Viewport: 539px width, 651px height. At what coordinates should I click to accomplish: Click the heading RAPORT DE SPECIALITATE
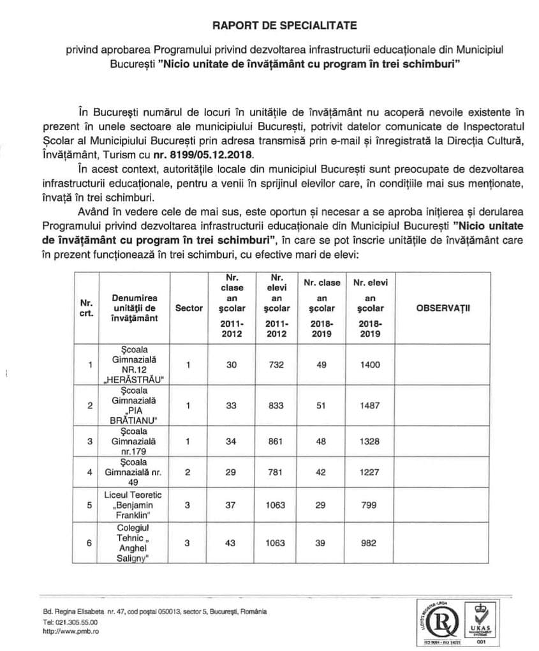pyautogui.click(x=284, y=26)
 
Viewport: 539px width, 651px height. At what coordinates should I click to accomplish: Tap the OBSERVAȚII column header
pyautogui.click(x=443, y=308)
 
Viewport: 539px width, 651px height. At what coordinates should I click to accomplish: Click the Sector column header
pyautogui.click(x=188, y=308)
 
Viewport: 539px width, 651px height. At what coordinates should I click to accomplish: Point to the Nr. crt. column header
pyautogui.click(x=85, y=308)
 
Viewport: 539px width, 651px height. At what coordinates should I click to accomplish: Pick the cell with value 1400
pyautogui.click(x=369, y=364)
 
